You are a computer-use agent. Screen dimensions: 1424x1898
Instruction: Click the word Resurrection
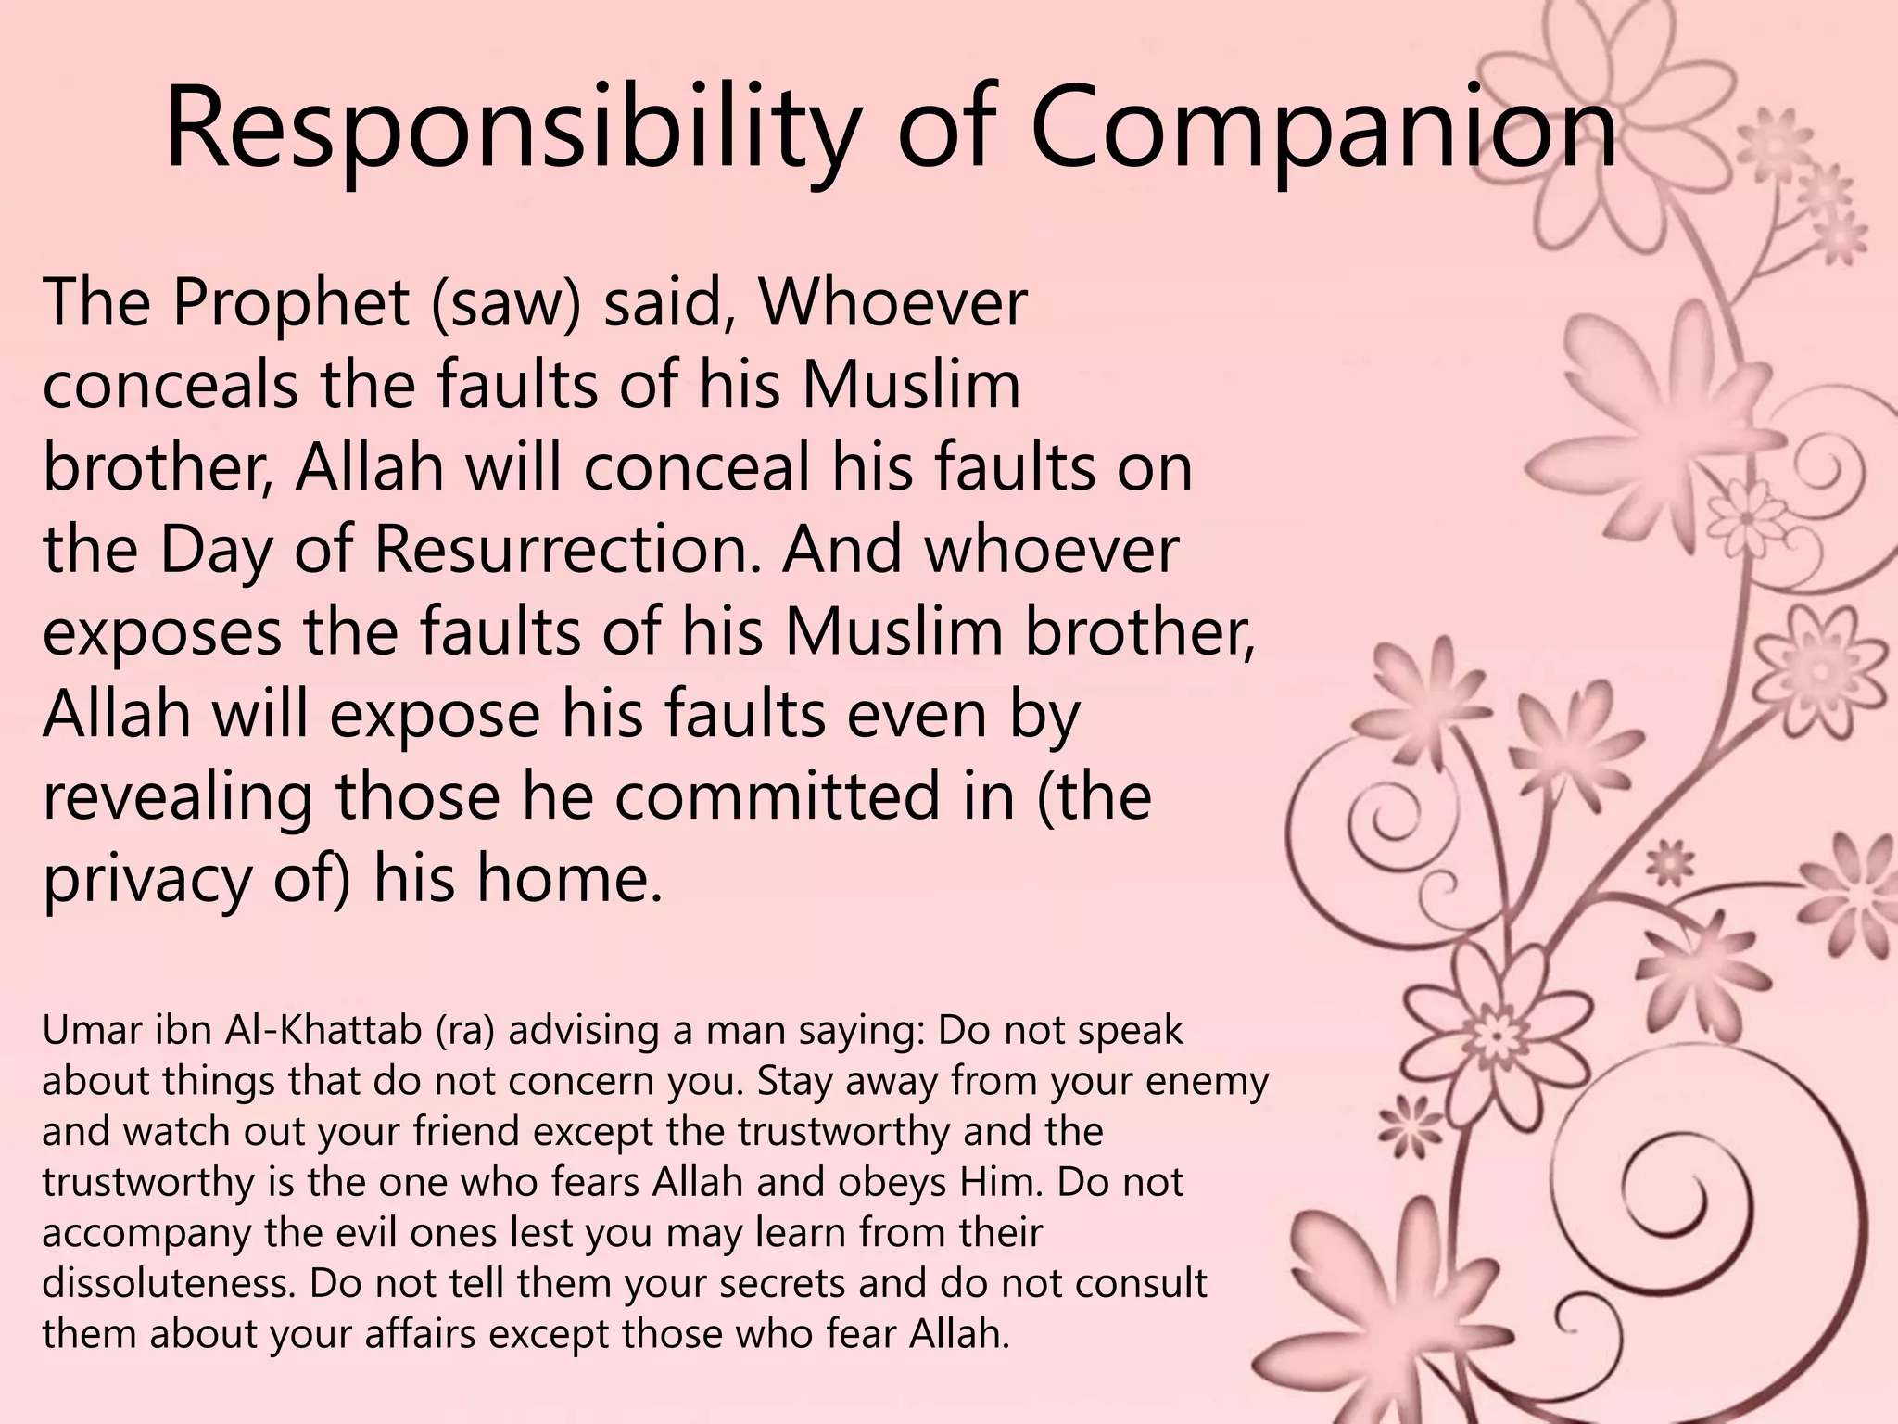[x=572, y=549]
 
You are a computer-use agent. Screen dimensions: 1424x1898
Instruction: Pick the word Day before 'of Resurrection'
[x=215, y=549]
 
